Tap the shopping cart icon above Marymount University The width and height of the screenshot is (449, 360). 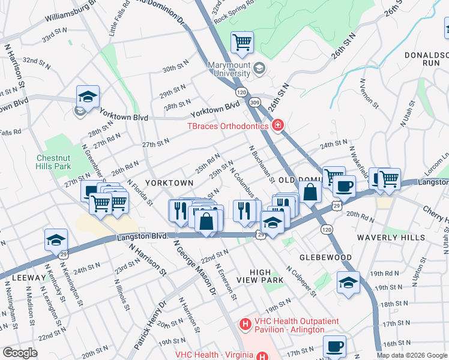(x=242, y=43)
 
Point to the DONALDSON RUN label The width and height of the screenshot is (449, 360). (x=424, y=58)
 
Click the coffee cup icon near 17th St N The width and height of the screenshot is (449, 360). (x=334, y=346)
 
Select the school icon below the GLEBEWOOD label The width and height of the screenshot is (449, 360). (x=348, y=283)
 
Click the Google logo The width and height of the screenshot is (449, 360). (x=20, y=353)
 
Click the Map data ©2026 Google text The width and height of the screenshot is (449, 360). (x=411, y=355)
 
